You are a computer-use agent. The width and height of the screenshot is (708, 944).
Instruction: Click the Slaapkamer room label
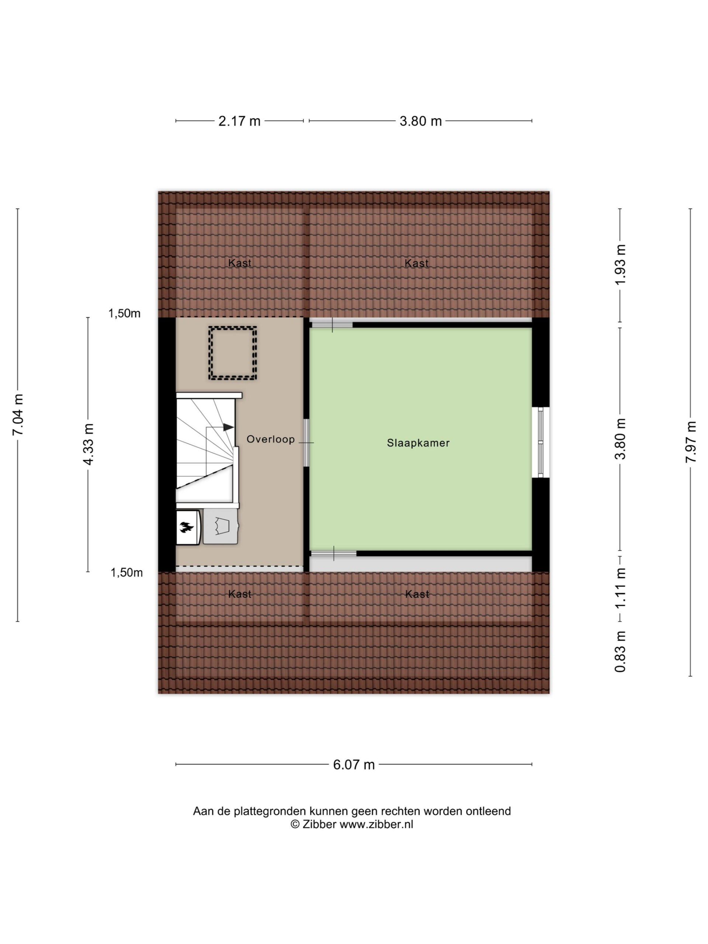tap(418, 443)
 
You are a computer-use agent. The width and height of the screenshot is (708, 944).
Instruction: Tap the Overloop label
tap(271, 439)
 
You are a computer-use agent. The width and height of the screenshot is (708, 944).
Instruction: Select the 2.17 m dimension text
tap(239, 121)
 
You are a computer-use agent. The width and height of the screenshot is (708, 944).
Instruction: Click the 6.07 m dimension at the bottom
tap(354, 764)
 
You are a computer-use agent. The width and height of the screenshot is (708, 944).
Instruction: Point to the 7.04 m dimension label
tap(18, 415)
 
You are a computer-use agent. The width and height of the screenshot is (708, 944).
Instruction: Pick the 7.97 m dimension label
tap(691, 441)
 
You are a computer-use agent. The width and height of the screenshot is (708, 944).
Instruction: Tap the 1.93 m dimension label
tap(620, 265)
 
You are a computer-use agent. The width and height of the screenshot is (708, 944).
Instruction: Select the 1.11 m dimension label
tap(620, 588)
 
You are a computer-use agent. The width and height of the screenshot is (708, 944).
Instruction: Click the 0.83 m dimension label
tap(620, 652)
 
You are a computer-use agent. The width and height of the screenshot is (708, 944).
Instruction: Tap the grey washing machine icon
tap(220, 526)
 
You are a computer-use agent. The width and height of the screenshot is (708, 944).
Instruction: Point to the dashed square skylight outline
tap(233, 328)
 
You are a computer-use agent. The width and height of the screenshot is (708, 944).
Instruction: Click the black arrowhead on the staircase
tap(228, 427)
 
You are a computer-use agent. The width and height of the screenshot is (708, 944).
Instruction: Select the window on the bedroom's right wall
tap(540, 442)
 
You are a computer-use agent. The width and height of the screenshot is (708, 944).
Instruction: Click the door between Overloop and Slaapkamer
tap(306, 442)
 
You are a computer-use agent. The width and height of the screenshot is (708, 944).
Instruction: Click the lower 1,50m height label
tap(127, 573)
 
